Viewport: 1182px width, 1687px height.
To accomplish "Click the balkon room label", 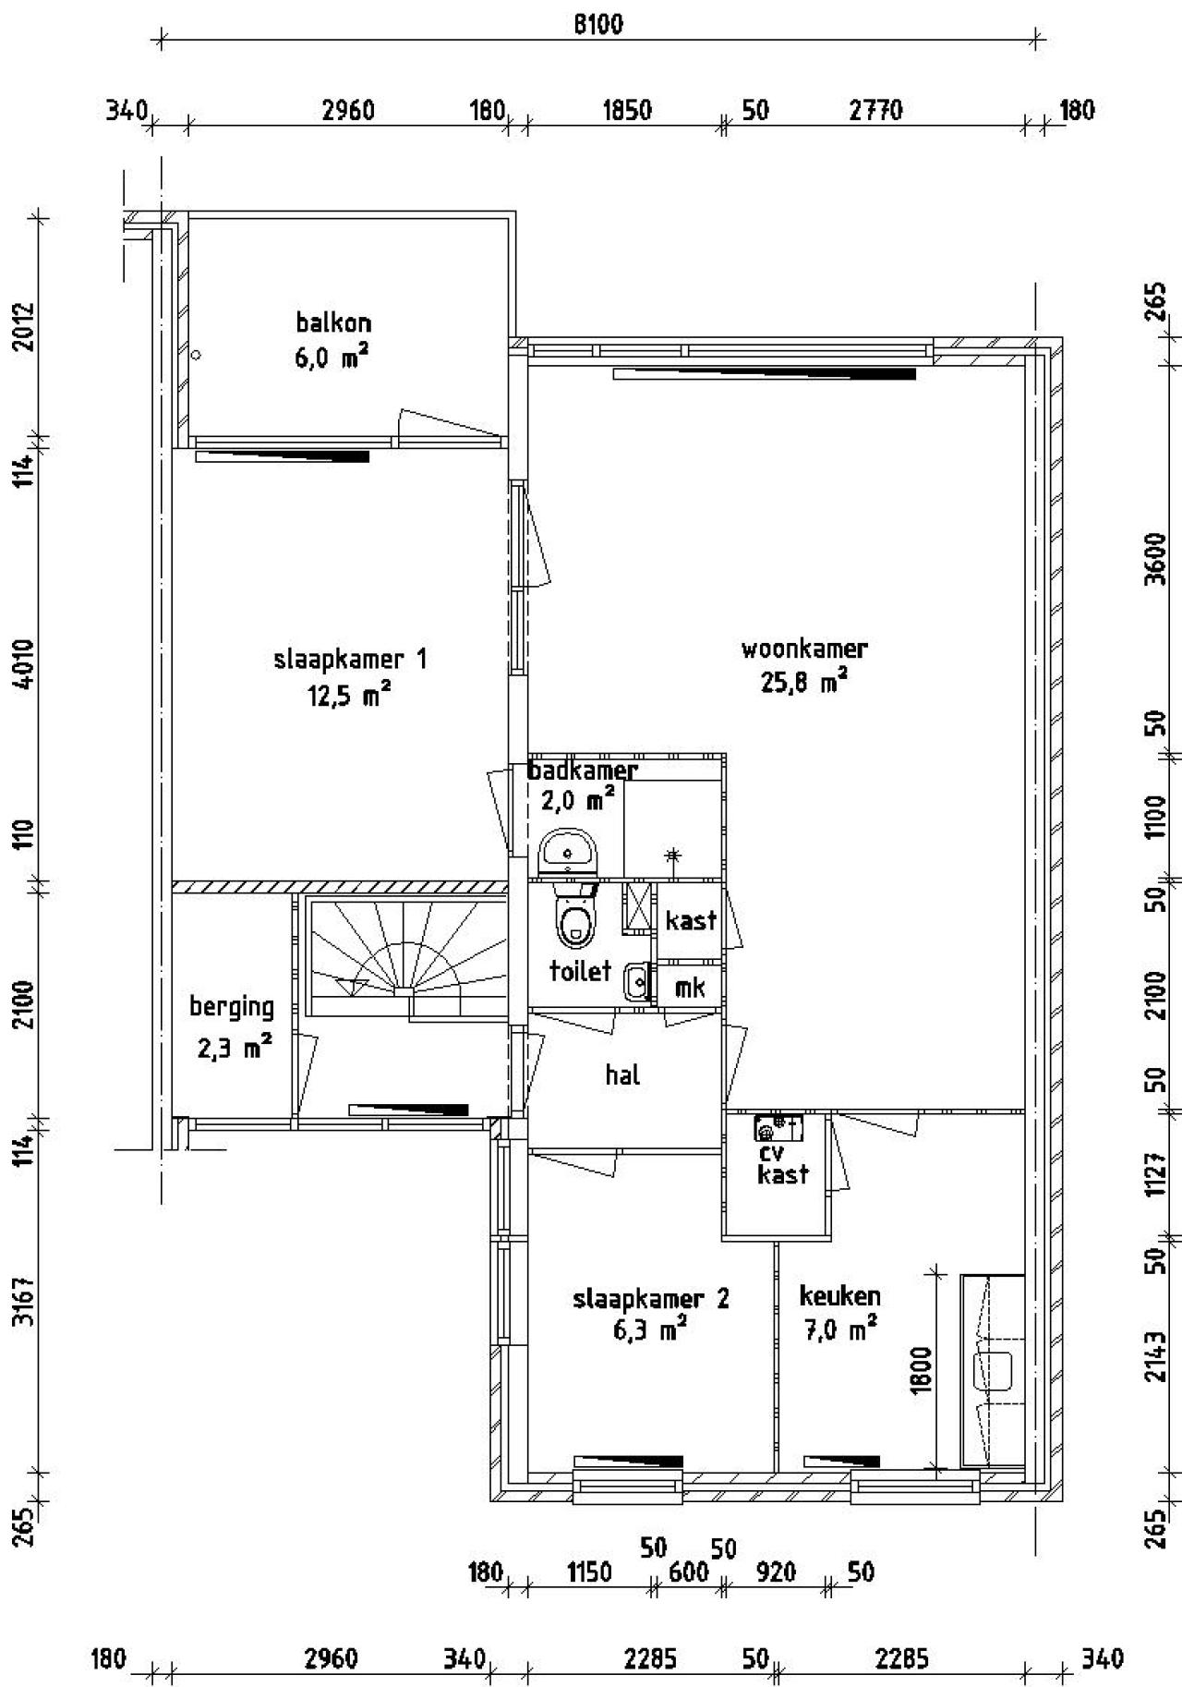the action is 333,323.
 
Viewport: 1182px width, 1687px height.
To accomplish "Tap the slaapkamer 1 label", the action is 350,660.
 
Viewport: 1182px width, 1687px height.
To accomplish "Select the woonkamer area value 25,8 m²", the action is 804,683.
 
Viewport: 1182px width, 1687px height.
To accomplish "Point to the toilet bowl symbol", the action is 576,913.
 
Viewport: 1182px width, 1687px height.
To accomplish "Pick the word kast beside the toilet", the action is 691,920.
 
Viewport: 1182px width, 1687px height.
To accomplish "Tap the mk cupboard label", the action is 690,988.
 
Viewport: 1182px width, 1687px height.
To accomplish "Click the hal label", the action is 623,1074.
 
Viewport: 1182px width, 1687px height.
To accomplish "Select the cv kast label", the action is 783,1163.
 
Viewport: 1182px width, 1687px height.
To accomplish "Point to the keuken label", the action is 839,1296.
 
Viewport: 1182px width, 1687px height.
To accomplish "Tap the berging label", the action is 232,1006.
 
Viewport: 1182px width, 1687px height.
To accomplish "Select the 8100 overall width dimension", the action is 598,24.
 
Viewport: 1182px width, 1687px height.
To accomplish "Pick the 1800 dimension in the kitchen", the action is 921,1369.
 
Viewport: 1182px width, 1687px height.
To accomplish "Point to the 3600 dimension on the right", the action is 1155,560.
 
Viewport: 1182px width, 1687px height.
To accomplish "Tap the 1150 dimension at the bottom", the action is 588,1572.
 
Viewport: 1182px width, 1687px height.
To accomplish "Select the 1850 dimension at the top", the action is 627,111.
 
